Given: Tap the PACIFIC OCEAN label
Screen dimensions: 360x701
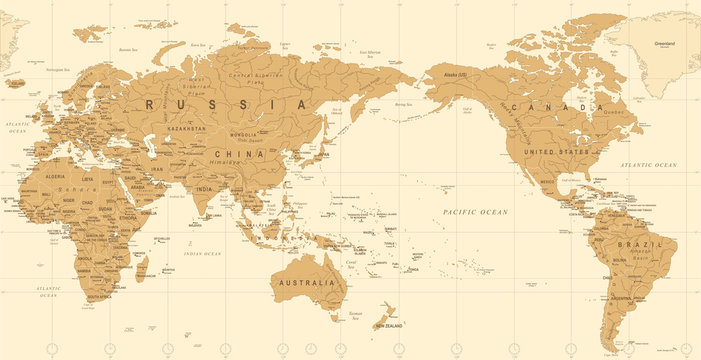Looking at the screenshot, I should click(x=476, y=213).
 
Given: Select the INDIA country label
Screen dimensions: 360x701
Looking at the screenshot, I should click(x=204, y=188).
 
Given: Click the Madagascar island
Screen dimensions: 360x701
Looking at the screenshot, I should click(x=141, y=266).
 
